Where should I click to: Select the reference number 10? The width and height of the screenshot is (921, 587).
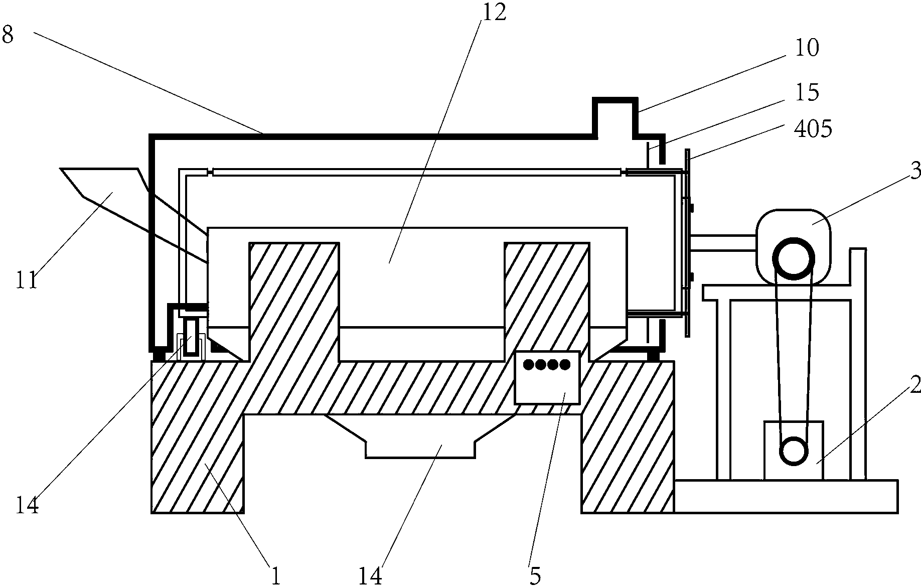[807, 48]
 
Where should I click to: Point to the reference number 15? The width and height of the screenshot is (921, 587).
[807, 92]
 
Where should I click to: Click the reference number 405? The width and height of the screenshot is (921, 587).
[813, 129]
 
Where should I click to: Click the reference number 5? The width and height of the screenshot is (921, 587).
[535, 576]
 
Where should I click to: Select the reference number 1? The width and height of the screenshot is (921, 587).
[275, 576]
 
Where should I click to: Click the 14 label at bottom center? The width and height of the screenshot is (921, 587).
[370, 576]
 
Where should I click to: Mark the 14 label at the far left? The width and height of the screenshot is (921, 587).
[27, 505]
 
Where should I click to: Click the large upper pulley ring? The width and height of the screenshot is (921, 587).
[793, 259]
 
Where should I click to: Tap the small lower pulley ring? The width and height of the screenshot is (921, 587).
[794, 450]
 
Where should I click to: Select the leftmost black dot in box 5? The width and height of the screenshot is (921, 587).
[528, 364]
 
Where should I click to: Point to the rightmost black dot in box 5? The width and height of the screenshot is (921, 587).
[565, 364]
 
